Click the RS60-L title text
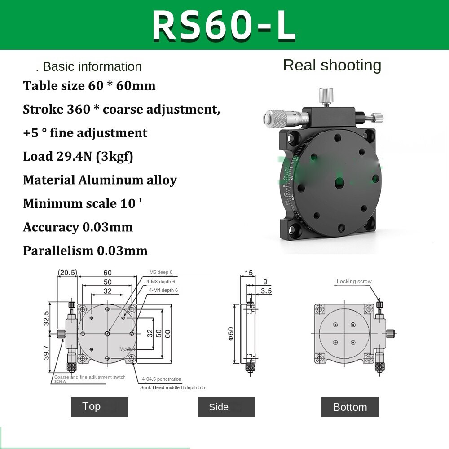(x=224, y=25)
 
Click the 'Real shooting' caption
(x=332, y=66)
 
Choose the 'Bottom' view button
(x=350, y=407)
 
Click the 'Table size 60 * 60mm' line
(x=89, y=85)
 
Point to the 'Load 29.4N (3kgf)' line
(x=78, y=156)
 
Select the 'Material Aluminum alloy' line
(x=100, y=180)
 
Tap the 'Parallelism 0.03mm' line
(x=85, y=251)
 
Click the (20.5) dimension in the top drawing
(x=67, y=273)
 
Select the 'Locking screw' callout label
(x=354, y=282)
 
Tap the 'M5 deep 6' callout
(x=161, y=273)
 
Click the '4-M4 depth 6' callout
(x=163, y=291)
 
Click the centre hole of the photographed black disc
(x=339, y=182)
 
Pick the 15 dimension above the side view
(x=248, y=273)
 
